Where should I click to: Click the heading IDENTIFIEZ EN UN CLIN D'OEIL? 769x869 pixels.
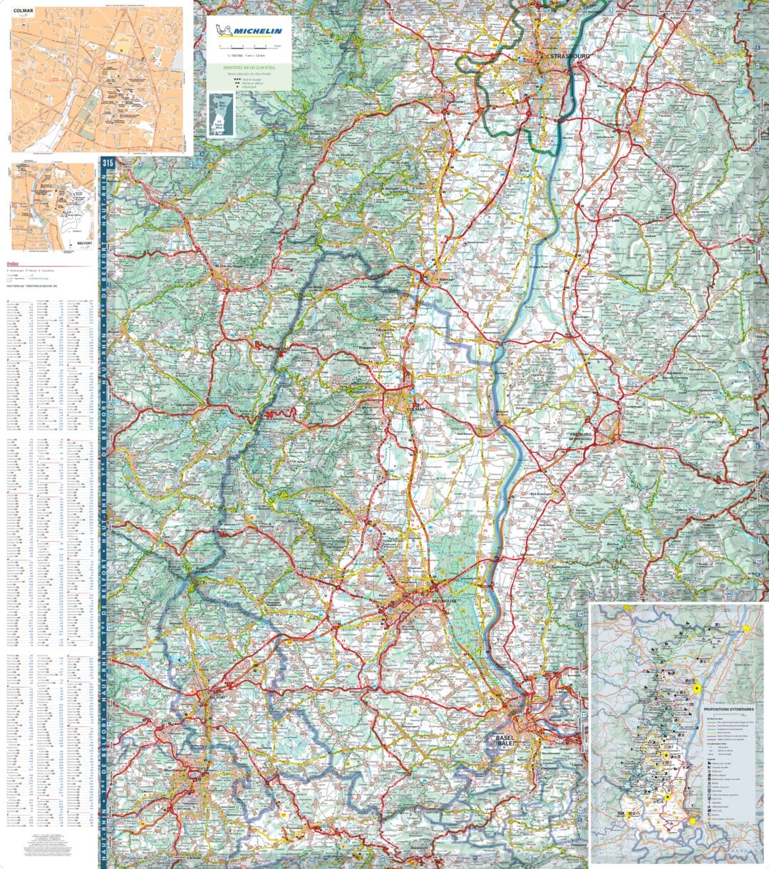(249, 67)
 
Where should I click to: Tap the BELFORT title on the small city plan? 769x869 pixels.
(84, 244)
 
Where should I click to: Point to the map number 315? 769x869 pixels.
(108, 163)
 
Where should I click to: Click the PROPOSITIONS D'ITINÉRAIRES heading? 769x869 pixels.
(728, 710)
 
